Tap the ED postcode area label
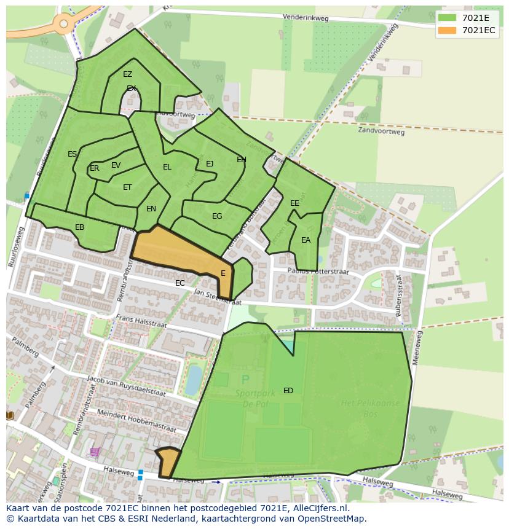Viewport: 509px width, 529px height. pyautogui.click(x=288, y=391)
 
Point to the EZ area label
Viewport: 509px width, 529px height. pyautogui.click(x=127, y=74)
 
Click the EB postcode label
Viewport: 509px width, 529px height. pyautogui.click(x=79, y=227)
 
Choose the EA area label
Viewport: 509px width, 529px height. pyautogui.click(x=306, y=240)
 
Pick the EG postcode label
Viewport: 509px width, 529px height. pyautogui.click(x=217, y=216)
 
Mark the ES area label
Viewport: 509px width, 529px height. pyautogui.click(x=73, y=154)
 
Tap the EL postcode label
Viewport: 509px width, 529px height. pyautogui.click(x=167, y=167)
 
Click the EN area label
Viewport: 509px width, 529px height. pyautogui.click(x=151, y=209)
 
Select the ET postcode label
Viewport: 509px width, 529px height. pyautogui.click(x=127, y=187)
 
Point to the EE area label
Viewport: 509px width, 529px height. pyautogui.click(x=294, y=203)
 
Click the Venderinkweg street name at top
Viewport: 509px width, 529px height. pyautogui.click(x=306, y=18)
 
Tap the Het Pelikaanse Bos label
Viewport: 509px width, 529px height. pyautogui.click(x=369, y=408)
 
